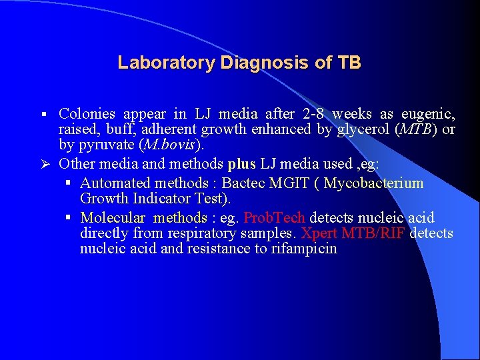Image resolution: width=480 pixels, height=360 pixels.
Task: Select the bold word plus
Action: (241, 164)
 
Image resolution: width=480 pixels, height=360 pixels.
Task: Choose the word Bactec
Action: (243, 183)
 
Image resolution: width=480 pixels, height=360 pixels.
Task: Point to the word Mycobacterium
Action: (374, 183)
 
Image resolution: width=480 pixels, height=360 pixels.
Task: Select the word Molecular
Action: (112, 217)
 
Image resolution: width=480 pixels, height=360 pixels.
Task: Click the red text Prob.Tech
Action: (275, 217)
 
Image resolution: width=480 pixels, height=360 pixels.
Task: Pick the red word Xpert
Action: (319, 233)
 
